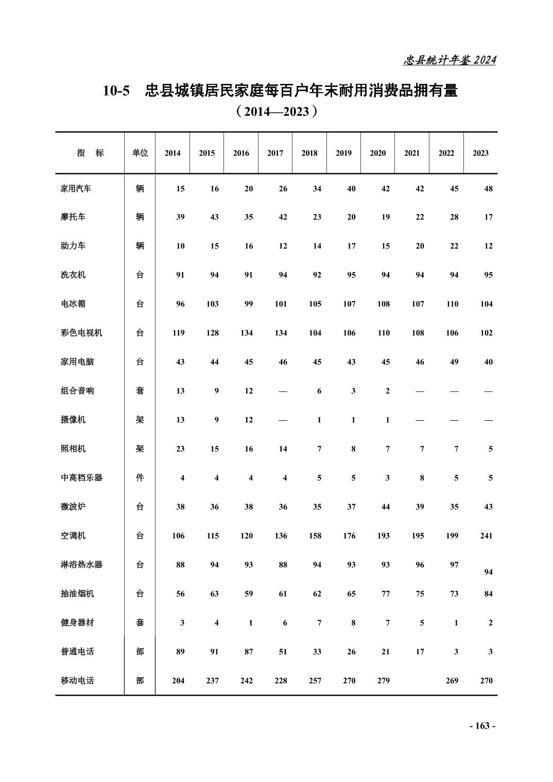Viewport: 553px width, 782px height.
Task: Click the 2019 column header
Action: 343,153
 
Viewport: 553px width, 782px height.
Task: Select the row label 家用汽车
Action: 76,188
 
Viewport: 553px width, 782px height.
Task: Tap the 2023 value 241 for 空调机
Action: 486,536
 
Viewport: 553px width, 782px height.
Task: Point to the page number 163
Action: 482,726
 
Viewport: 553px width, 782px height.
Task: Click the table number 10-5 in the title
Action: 117,91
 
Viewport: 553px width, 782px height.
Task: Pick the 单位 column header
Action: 140,153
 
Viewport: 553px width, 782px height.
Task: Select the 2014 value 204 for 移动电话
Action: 178,680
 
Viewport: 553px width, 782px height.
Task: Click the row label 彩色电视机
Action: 81,333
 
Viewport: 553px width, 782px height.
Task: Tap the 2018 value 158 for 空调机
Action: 315,536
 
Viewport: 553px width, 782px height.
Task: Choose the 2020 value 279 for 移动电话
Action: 384,680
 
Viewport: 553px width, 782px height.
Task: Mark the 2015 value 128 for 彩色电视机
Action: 212,333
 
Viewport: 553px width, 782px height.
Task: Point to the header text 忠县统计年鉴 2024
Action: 450,60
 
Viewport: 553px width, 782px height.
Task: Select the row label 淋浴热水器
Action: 81,564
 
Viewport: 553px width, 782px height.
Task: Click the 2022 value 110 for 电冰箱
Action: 452,304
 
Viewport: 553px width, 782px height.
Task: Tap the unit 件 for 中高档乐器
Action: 140,477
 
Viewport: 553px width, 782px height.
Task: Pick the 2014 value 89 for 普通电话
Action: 180,651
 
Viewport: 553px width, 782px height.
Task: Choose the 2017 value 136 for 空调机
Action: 281,536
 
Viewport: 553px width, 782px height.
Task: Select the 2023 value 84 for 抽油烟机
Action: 488,594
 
